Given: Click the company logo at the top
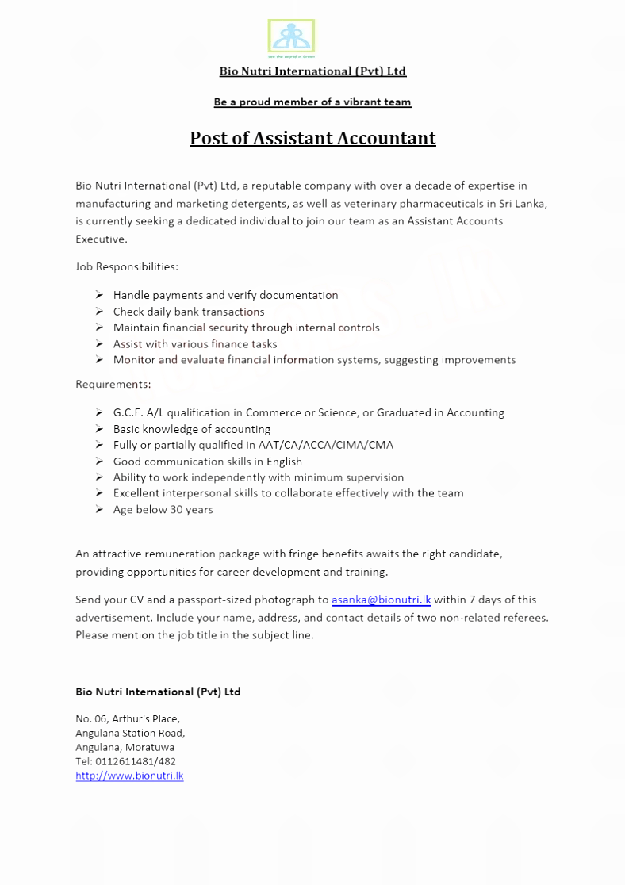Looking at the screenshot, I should click(x=291, y=37).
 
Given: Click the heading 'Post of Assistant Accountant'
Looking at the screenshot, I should click(x=312, y=138).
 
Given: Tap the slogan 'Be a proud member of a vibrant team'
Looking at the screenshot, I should click(x=312, y=102).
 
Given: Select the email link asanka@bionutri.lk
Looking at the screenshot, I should click(x=381, y=600).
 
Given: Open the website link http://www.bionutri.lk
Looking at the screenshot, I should click(x=129, y=776).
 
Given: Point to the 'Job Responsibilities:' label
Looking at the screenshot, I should click(x=127, y=266).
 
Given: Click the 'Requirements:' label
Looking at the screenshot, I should click(x=113, y=385).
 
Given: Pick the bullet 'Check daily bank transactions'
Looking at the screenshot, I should click(x=189, y=312).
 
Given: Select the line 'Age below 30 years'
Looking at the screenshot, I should click(x=163, y=510).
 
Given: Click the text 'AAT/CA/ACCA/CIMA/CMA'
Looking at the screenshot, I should click(x=325, y=445).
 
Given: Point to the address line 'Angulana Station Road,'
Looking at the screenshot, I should click(x=130, y=733).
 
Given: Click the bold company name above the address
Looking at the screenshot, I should click(x=158, y=692).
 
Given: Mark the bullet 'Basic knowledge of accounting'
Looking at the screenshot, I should click(x=191, y=429).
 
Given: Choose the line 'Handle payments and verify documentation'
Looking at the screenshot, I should click(x=225, y=295).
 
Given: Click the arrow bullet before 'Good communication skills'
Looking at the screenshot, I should click(x=98, y=462).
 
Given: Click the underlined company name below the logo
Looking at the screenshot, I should click(x=312, y=71).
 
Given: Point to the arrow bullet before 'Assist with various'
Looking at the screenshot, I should click(x=98, y=344).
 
